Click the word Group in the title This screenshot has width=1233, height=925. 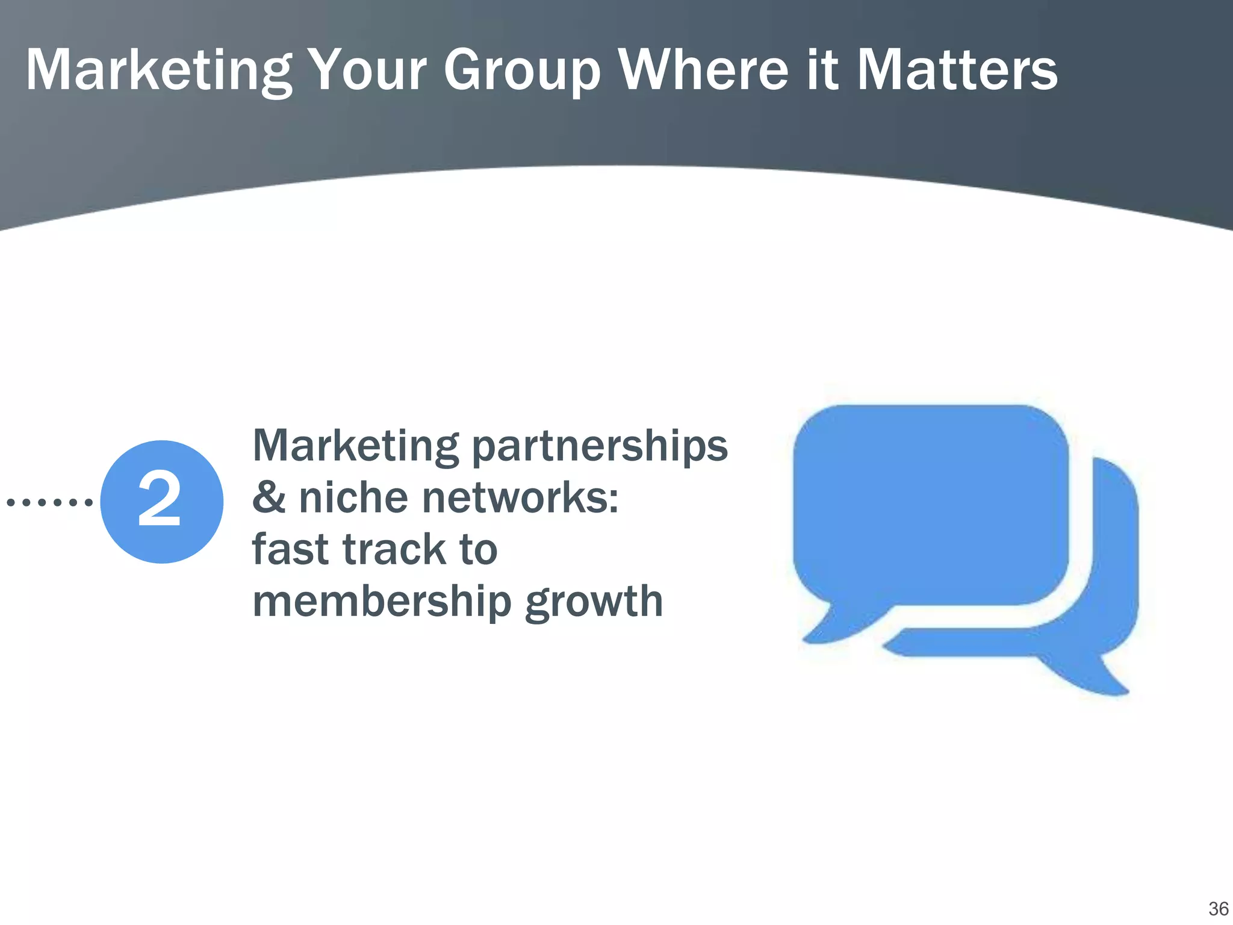(x=521, y=70)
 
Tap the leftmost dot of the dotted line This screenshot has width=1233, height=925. (x=10, y=502)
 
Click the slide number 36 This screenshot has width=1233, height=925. (x=1218, y=908)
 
